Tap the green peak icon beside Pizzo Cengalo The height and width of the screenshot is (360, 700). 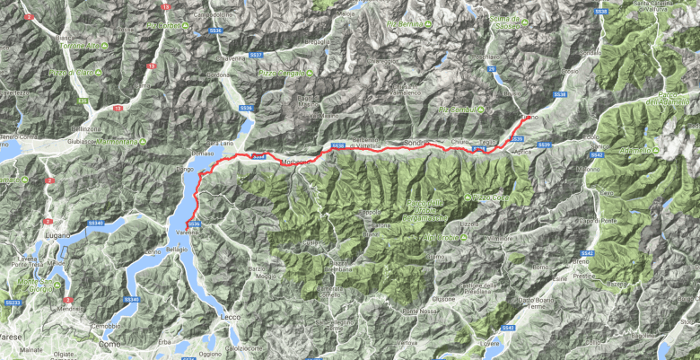click(x=309, y=71)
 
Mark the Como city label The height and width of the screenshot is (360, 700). click(x=111, y=343)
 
